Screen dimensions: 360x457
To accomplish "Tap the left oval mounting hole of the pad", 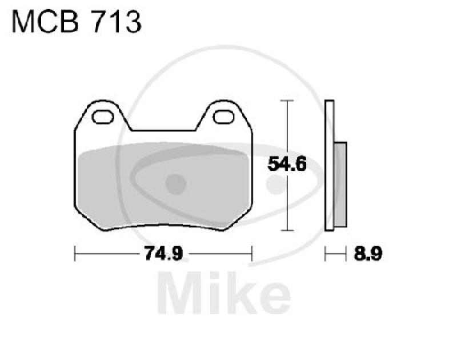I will (103, 117).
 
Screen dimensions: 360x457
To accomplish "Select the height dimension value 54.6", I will (288, 165).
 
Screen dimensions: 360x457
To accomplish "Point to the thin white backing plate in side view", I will (328, 166).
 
